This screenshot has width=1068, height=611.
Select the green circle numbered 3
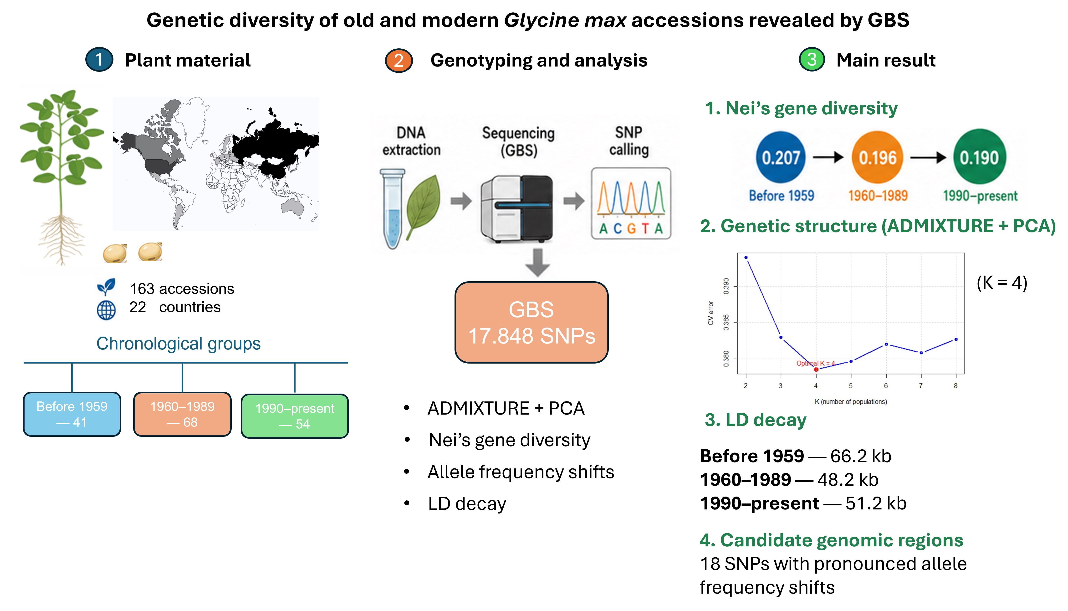coord(812,60)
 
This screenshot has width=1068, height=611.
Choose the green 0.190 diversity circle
coord(980,157)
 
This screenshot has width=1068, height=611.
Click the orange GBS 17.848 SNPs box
coord(531,322)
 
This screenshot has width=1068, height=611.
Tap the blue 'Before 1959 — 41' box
coord(72,414)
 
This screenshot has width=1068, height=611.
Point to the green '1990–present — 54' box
coord(295,416)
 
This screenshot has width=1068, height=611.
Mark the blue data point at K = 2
coord(746,257)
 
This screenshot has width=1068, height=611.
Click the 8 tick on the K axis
coord(956,386)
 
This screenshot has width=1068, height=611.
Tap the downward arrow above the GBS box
coord(537,263)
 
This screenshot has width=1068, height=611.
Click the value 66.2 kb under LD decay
coord(861,456)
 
